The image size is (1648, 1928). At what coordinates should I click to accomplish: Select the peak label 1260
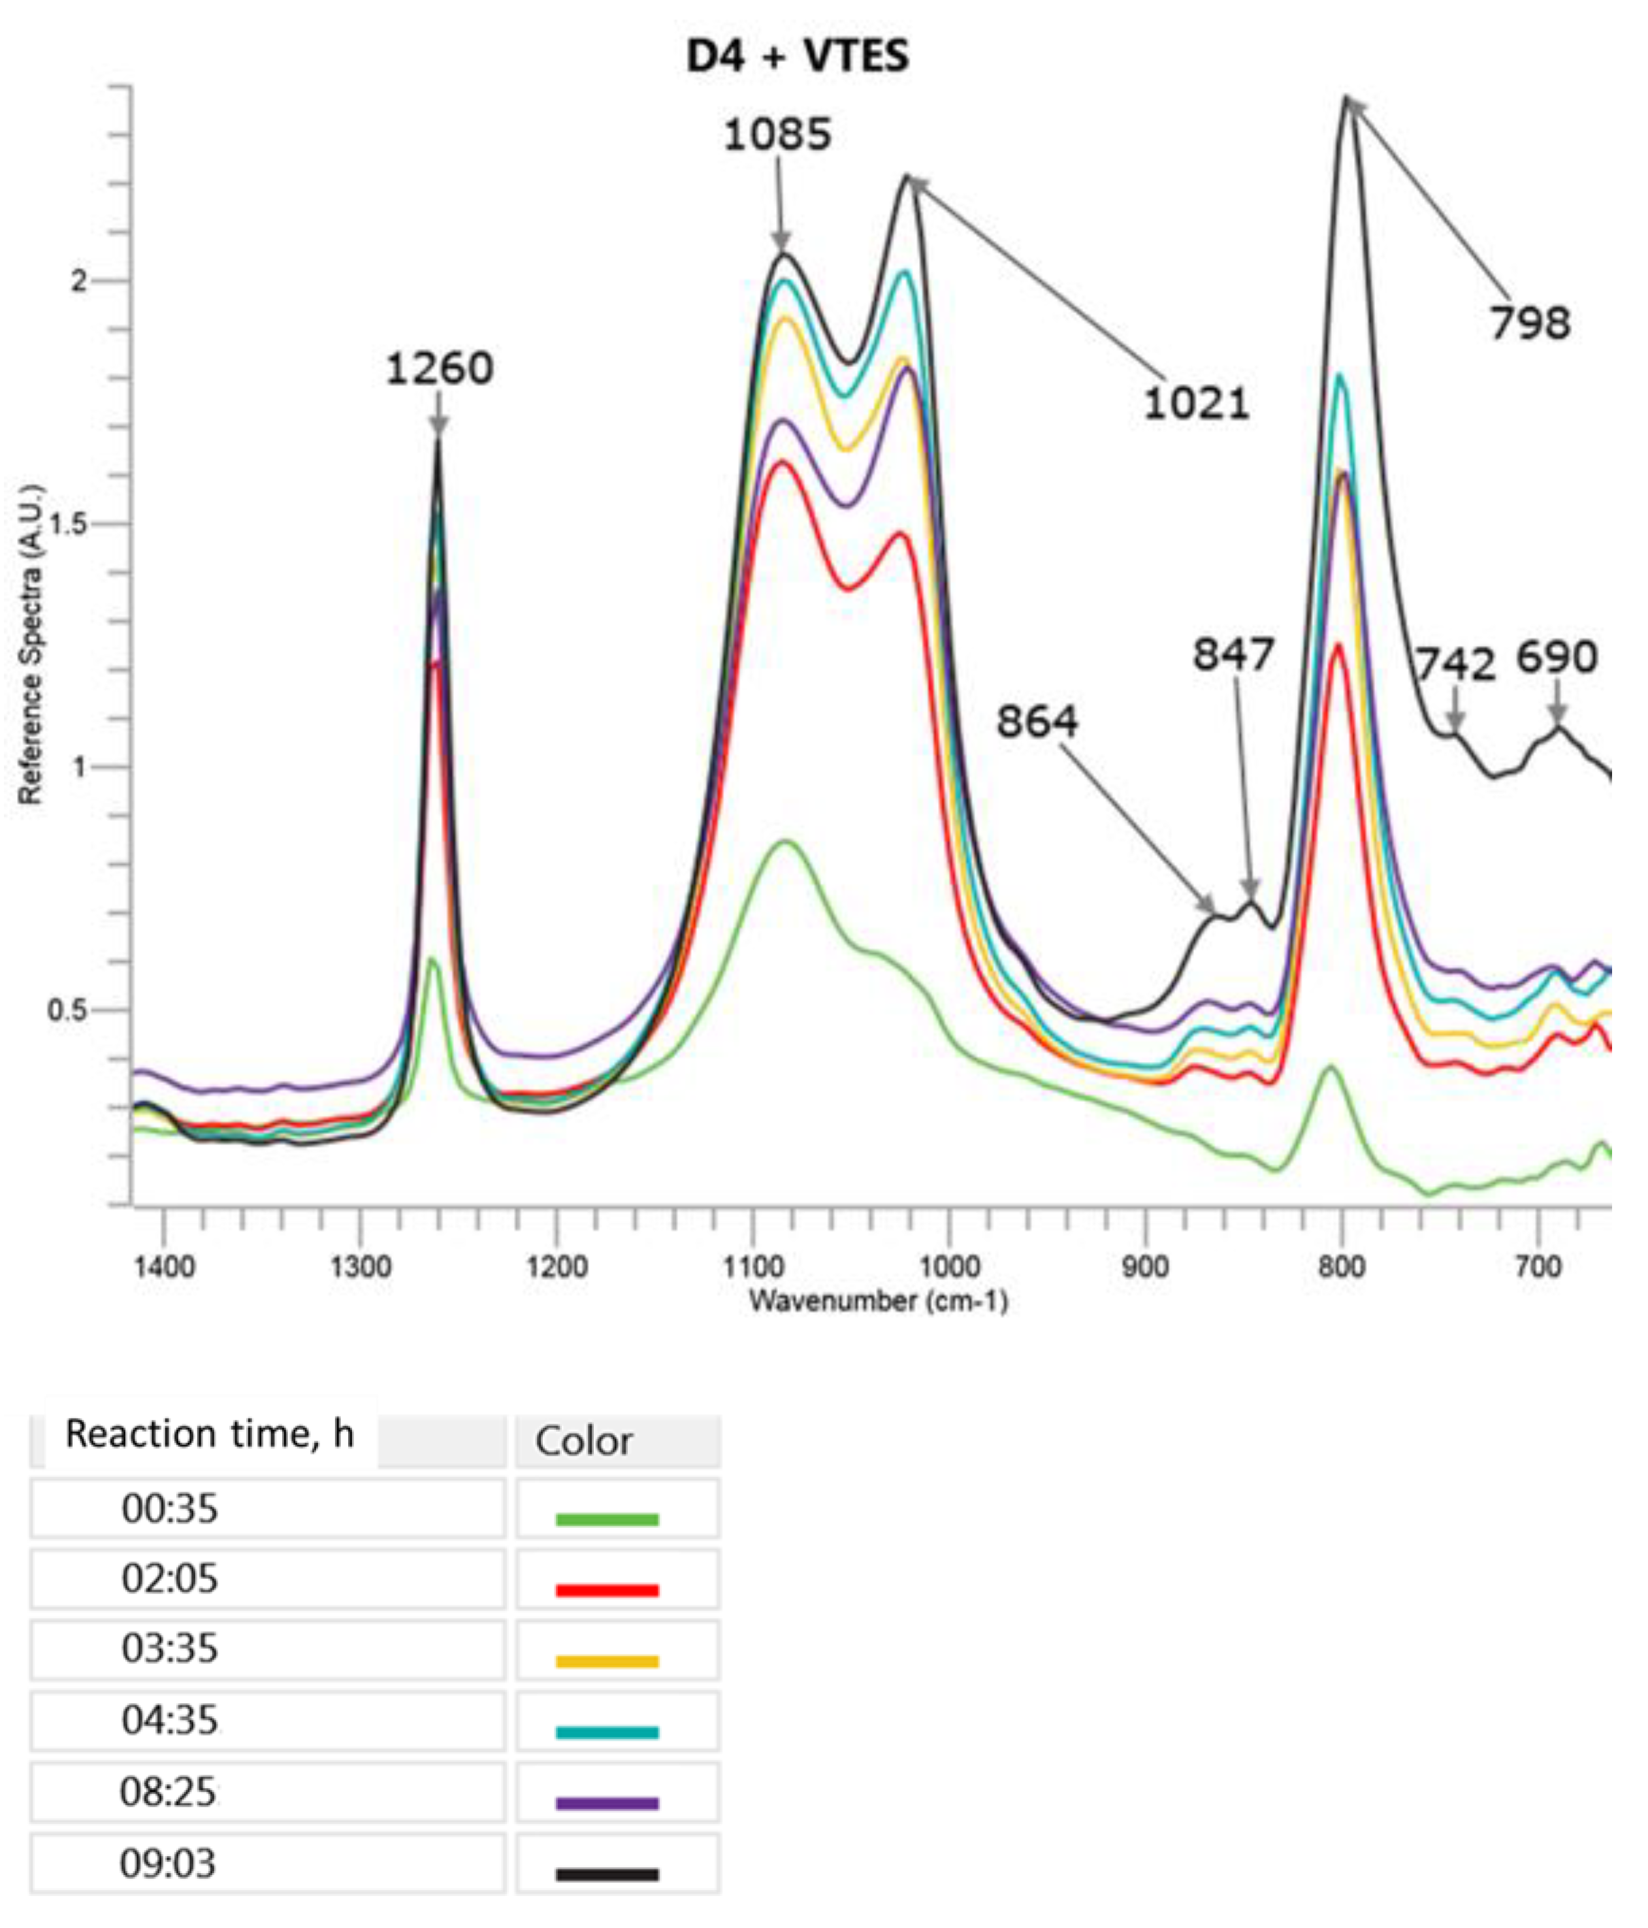[x=439, y=370]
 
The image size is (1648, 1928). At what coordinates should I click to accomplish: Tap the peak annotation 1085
[x=777, y=136]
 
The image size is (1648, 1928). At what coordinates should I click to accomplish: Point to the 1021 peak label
[x=1196, y=404]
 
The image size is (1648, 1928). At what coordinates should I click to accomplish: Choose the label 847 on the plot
[x=1233, y=655]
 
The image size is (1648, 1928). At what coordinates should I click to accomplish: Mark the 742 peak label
[x=1455, y=664]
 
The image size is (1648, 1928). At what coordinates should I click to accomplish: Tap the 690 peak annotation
[x=1557, y=658]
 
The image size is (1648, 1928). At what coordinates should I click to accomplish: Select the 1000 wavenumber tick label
[x=949, y=1266]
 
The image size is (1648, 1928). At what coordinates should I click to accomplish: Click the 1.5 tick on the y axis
[x=70, y=524]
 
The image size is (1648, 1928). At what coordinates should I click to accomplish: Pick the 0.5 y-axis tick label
[x=70, y=1010]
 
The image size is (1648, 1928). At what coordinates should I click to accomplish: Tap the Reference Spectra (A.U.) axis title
[x=31, y=643]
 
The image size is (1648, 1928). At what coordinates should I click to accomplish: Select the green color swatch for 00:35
[x=607, y=1520]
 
